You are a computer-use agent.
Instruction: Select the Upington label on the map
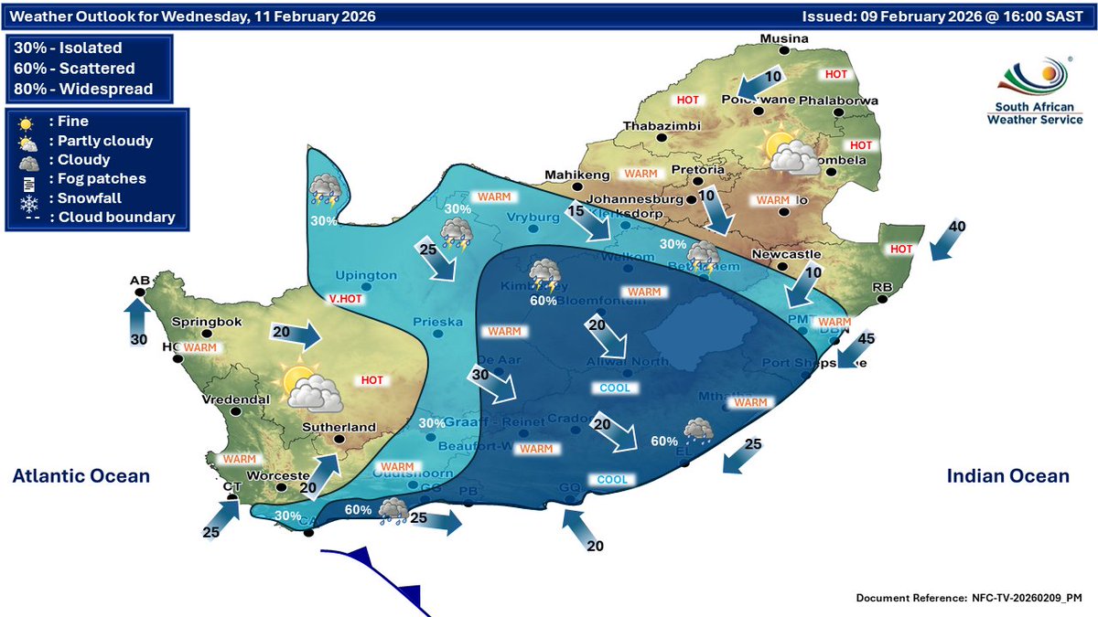pyautogui.click(x=366, y=275)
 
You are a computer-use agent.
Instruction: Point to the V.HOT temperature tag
pyautogui.click(x=348, y=297)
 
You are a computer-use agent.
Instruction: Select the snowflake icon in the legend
pyautogui.click(x=27, y=198)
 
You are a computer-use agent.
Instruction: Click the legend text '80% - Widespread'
pyautogui.click(x=83, y=89)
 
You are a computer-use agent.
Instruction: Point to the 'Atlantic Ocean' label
pyautogui.click(x=81, y=476)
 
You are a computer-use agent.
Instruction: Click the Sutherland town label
pyautogui.click(x=341, y=427)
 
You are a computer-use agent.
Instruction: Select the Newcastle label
pyautogui.click(x=782, y=254)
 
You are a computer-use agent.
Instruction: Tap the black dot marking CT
pyautogui.click(x=232, y=497)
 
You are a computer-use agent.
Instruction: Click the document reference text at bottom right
pyautogui.click(x=969, y=598)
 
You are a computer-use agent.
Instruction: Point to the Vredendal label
pyautogui.click(x=235, y=399)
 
